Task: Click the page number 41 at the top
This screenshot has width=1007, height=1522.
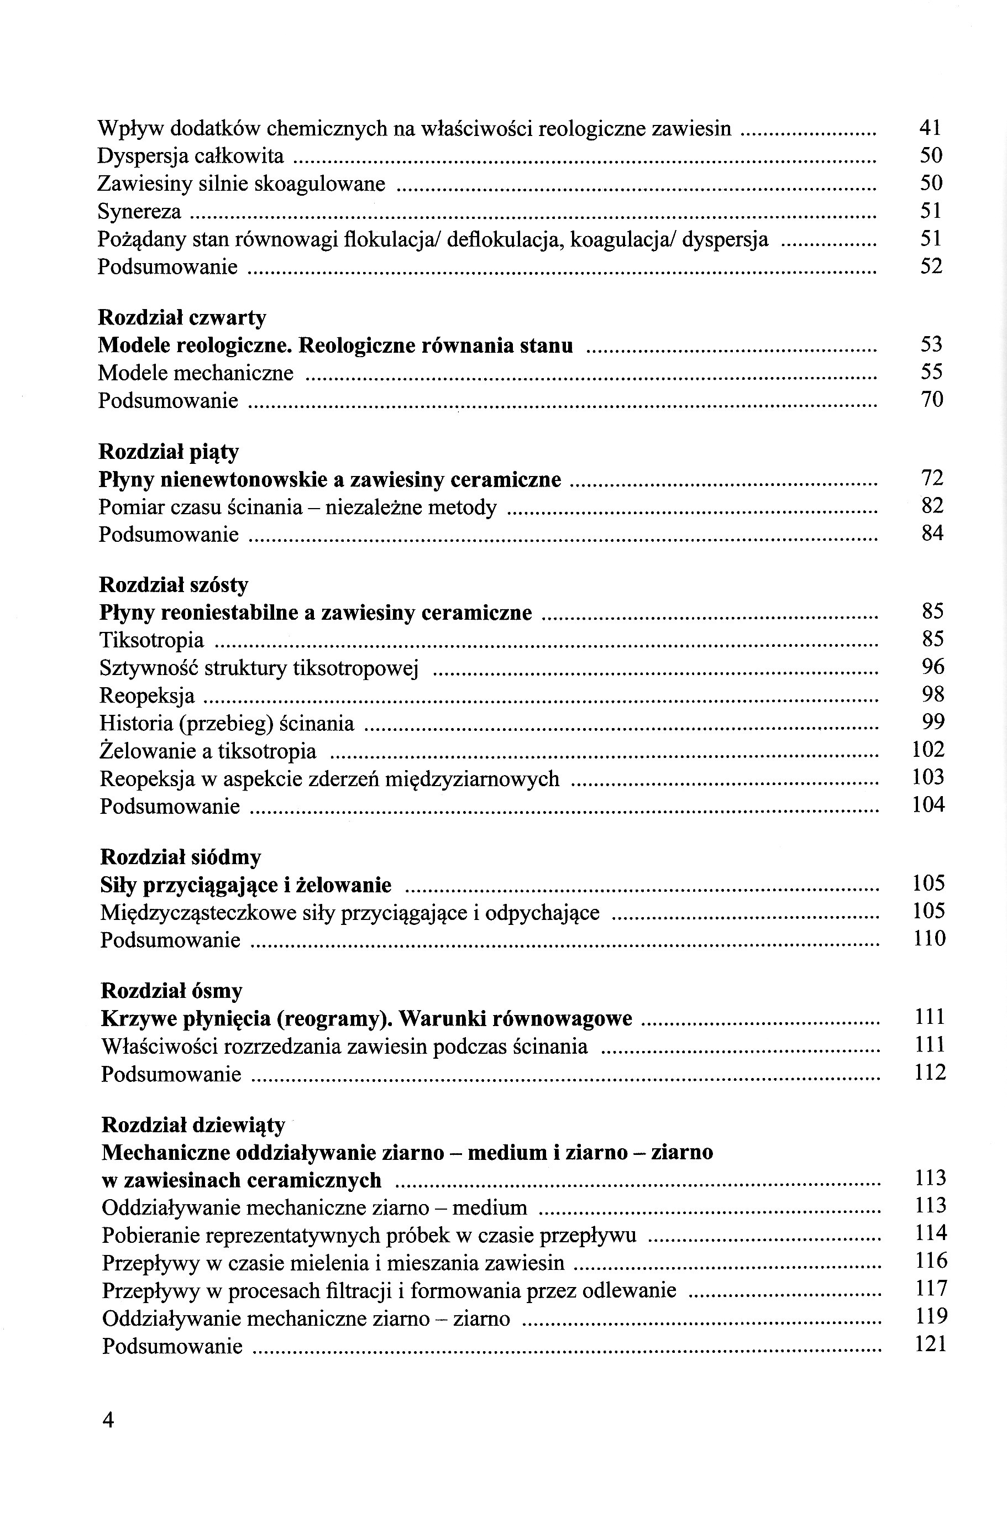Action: pyautogui.click(x=930, y=128)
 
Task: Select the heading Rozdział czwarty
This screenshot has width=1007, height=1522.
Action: pyautogui.click(x=182, y=317)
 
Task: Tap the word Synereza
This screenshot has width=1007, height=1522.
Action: pyautogui.click(x=139, y=211)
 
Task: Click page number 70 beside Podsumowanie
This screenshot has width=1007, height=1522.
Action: pyautogui.click(x=932, y=400)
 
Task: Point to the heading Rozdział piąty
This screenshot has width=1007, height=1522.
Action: pyautogui.click(x=168, y=452)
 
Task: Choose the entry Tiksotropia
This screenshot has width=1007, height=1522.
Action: pyautogui.click(x=151, y=640)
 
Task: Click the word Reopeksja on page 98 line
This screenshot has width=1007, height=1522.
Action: pyautogui.click(x=147, y=695)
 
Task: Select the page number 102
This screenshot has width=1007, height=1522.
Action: pyautogui.click(x=928, y=750)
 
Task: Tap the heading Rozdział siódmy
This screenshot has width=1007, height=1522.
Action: pyautogui.click(x=181, y=857)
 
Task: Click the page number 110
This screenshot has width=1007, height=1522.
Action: pyautogui.click(x=929, y=939)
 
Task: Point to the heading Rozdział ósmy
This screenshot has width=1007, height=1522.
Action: pyautogui.click(x=171, y=991)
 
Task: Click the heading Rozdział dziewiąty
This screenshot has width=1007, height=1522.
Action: pyautogui.click(x=193, y=1125)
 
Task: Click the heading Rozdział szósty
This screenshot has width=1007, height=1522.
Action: pyautogui.click(x=174, y=585)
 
